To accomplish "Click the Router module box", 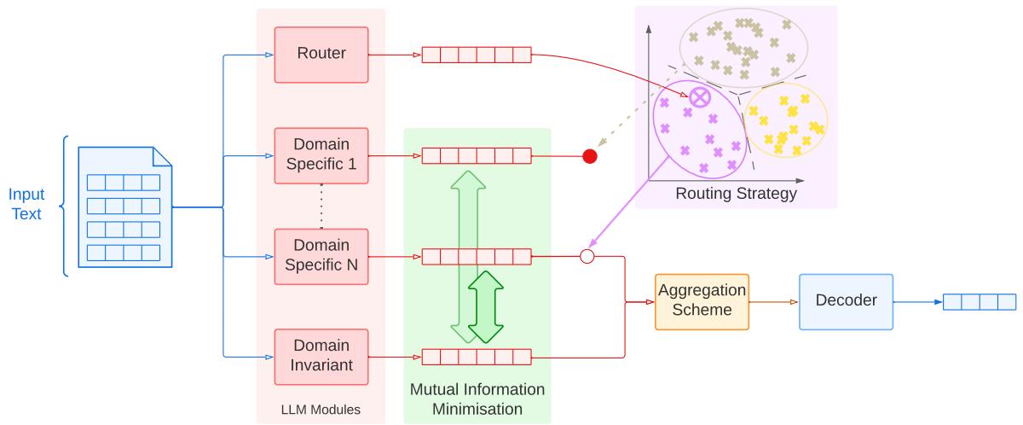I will (321, 55).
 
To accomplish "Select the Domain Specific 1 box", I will (321, 155).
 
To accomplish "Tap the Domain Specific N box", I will (321, 256).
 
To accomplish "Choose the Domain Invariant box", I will (321, 356).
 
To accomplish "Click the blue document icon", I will (124, 206).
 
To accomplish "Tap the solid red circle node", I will (589, 156).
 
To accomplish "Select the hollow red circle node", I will (587, 255).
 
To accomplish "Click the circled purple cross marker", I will (699, 97).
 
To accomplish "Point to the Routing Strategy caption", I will (736, 194).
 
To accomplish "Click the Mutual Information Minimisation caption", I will (477, 399).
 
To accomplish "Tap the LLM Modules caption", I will (321, 410).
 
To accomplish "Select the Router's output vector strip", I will (477, 55).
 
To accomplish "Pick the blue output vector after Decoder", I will (980, 301).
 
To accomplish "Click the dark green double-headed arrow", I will (483, 306).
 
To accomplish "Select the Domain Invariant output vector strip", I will (477, 356).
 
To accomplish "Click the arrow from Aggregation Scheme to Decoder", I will (774, 301).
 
